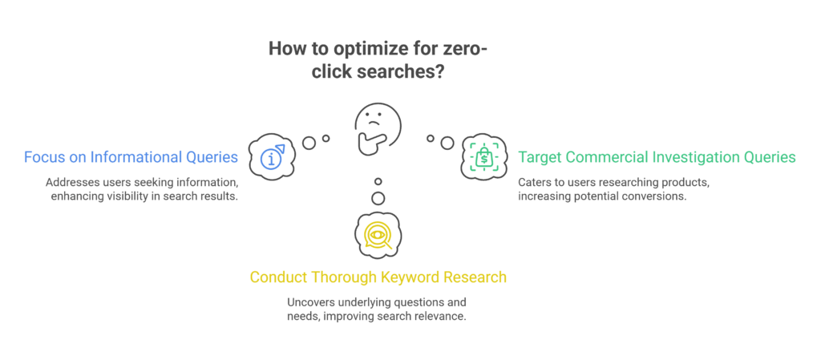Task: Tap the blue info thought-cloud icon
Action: (x=271, y=157)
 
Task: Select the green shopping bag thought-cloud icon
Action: (x=483, y=156)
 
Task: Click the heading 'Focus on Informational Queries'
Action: (x=131, y=157)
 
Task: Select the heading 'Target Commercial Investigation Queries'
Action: (x=657, y=156)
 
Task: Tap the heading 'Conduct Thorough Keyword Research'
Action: (x=378, y=277)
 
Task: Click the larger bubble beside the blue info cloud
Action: (x=309, y=143)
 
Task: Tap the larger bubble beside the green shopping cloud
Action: (x=447, y=143)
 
